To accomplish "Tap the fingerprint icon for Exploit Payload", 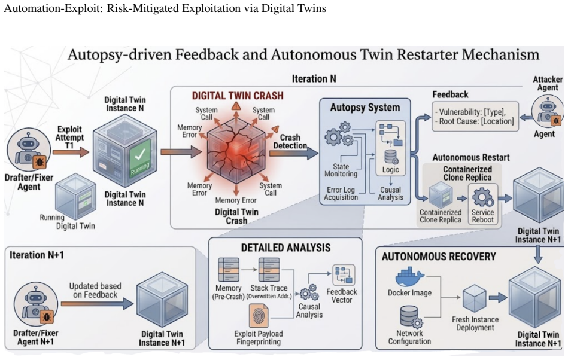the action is click(x=259, y=316).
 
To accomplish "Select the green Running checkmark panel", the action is click(x=140, y=157).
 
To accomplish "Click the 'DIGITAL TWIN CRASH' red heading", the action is click(x=238, y=96).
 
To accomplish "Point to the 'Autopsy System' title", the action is click(x=365, y=108).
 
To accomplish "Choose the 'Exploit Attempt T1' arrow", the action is click(x=71, y=152).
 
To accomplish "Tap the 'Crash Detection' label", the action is click(x=290, y=142).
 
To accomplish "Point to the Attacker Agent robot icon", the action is click(x=548, y=111).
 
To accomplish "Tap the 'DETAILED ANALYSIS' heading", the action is click(x=286, y=248).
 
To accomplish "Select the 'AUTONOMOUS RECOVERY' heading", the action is click(x=439, y=257).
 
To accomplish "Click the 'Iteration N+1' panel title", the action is click(x=37, y=255).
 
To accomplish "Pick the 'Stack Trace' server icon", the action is click(x=269, y=270).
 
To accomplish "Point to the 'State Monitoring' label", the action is click(x=341, y=170).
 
